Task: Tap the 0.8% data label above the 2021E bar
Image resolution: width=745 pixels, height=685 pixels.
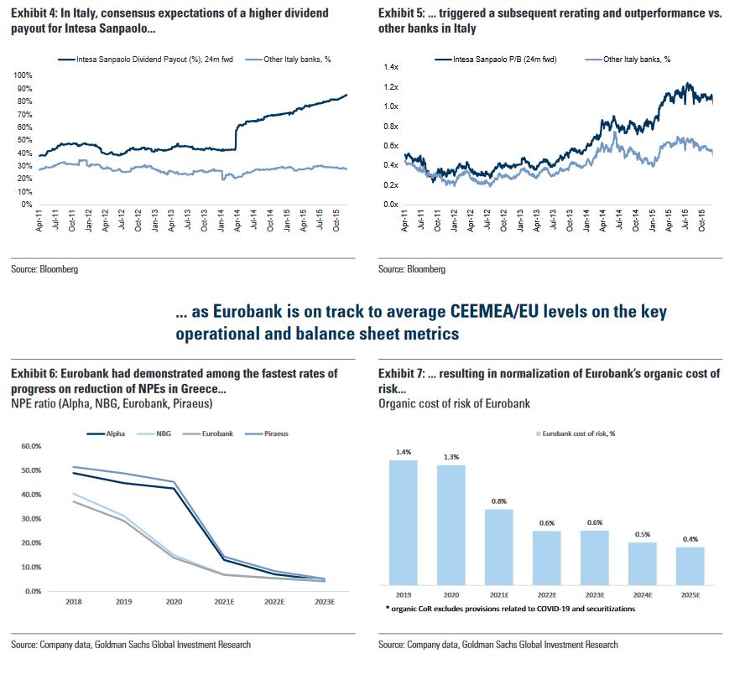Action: click(x=499, y=501)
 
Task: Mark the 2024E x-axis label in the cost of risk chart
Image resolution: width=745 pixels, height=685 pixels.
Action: click(x=643, y=596)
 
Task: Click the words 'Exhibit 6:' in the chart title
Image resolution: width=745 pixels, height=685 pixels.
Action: click(x=34, y=373)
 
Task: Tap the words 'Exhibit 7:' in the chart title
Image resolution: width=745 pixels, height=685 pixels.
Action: click(x=401, y=373)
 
